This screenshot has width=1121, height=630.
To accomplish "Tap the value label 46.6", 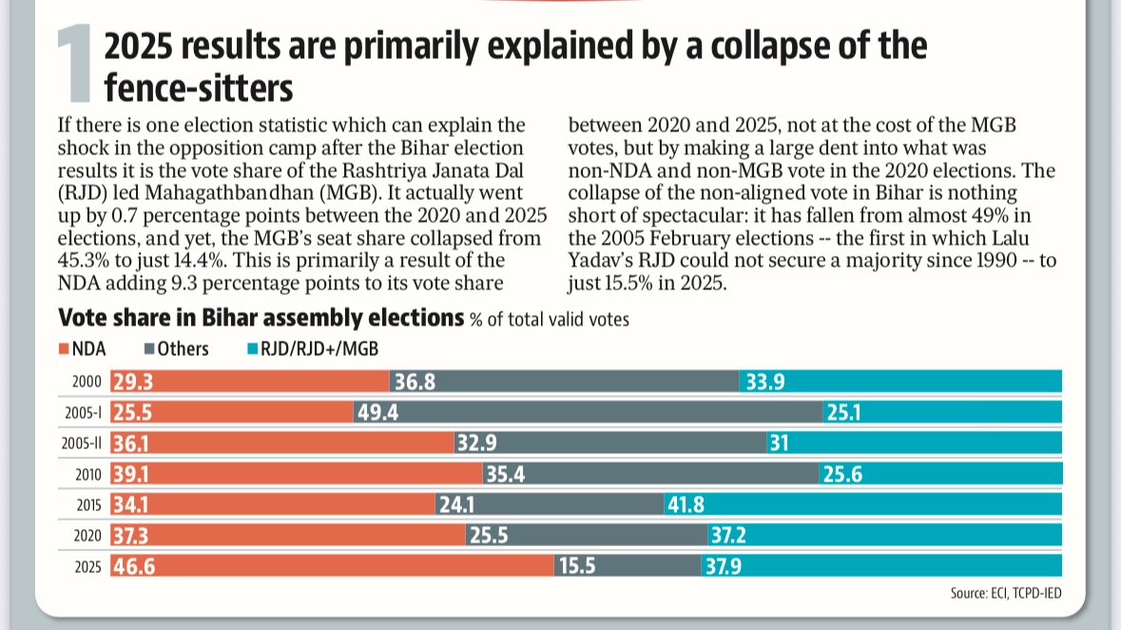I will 135,565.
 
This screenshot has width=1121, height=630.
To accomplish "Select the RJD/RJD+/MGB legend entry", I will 314,349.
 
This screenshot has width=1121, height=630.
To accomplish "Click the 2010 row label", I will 87,474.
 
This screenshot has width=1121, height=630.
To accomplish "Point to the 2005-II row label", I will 82,443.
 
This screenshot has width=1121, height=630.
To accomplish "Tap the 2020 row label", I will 87,535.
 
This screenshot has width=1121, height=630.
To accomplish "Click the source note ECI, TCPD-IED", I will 1006,594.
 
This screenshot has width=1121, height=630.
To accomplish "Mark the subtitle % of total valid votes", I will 550,320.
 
